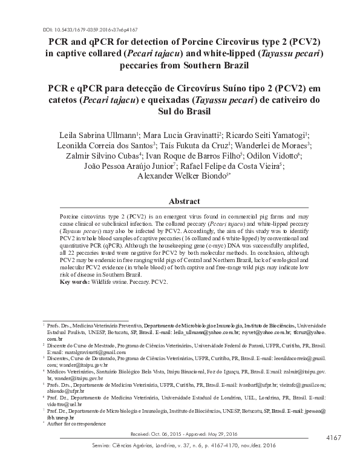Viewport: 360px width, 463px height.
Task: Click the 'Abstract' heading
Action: [180, 200]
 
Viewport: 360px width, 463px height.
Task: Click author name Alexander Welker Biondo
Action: [180, 175]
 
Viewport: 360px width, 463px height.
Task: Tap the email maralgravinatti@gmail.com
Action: [82, 352]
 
